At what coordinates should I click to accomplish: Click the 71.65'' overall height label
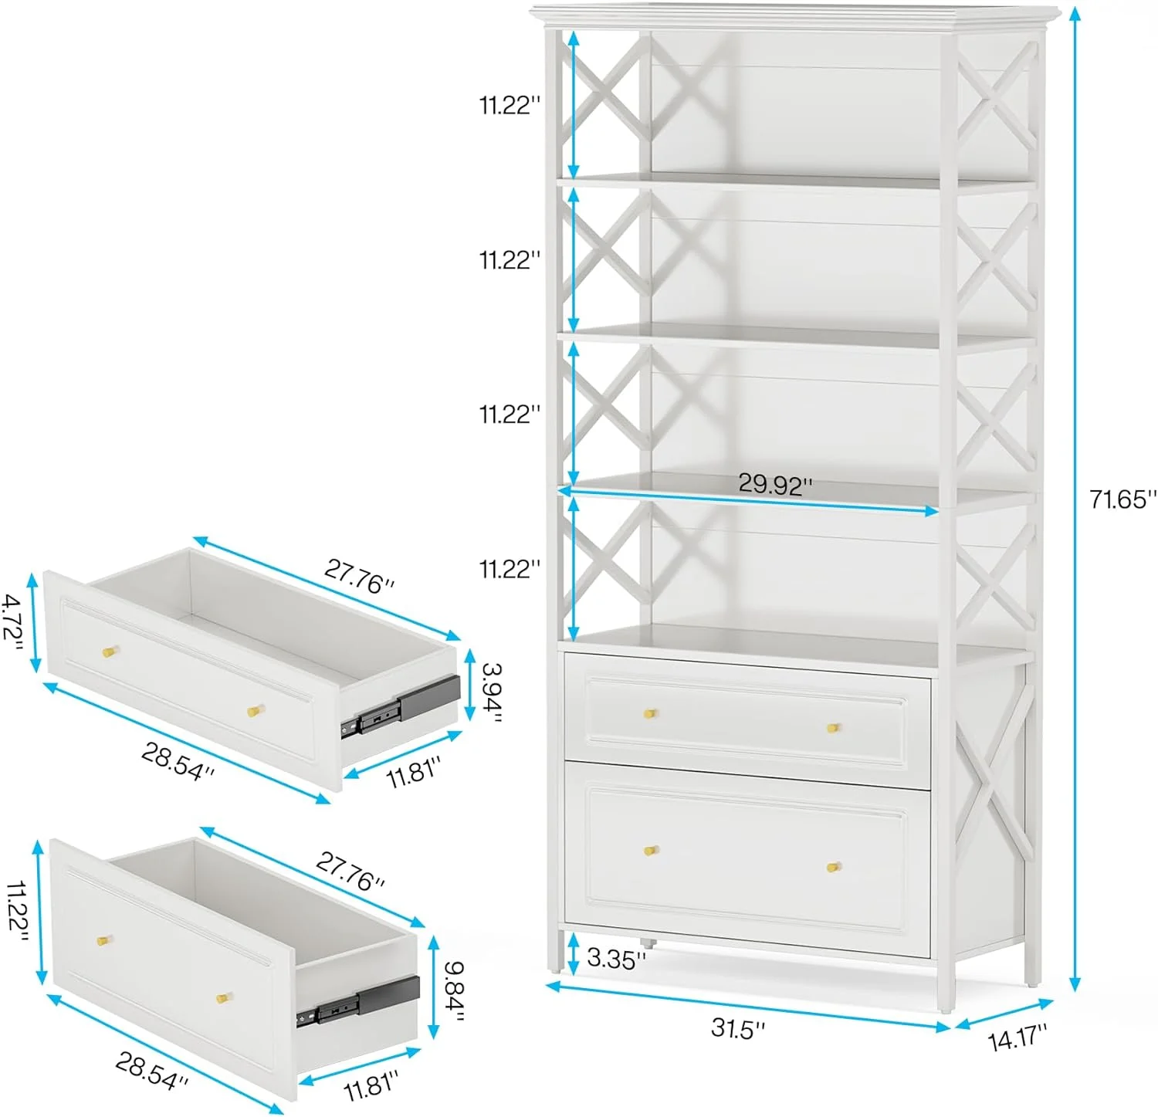click(x=1123, y=499)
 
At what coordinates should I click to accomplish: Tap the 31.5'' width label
click(x=738, y=1029)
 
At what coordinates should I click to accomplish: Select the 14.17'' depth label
click(x=1017, y=1036)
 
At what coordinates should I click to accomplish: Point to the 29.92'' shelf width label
click(x=775, y=484)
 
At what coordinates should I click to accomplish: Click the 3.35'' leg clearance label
click(x=616, y=959)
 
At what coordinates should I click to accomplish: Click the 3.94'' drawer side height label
click(x=492, y=692)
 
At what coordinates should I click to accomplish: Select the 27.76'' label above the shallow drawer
click(x=359, y=577)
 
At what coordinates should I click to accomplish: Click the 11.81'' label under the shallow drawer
click(x=414, y=772)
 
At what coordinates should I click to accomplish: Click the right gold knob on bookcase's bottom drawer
click(x=833, y=867)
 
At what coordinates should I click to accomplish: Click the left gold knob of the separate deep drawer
click(x=103, y=941)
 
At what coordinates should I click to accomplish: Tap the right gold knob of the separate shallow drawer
click(x=255, y=710)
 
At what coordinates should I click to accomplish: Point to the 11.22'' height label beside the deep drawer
click(x=17, y=912)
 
